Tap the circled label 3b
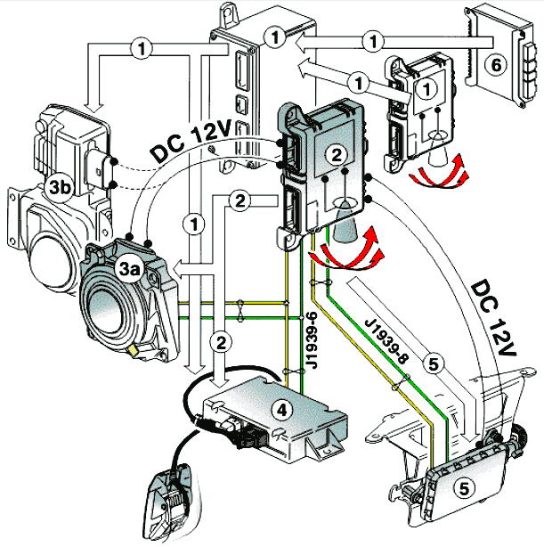(61, 187)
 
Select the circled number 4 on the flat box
(281, 410)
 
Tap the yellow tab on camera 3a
(134, 350)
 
